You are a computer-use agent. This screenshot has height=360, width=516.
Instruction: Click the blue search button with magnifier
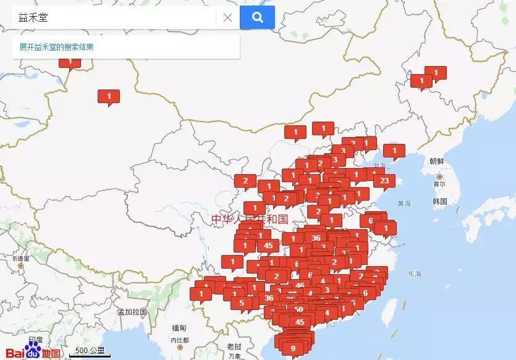[x=257, y=17]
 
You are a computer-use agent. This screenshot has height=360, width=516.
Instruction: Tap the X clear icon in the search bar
[x=227, y=17]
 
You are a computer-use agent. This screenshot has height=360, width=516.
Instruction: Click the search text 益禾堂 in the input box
[x=34, y=17]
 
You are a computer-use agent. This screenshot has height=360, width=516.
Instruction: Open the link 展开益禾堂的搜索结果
[x=56, y=47]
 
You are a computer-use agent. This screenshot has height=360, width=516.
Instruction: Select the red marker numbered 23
[x=384, y=181]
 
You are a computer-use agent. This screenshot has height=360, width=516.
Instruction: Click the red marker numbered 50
[x=299, y=309]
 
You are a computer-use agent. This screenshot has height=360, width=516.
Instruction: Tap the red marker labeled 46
[x=300, y=285]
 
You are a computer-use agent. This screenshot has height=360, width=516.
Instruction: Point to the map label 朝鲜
[x=437, y=161]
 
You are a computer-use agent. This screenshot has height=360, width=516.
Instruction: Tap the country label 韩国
[x=440, y=202]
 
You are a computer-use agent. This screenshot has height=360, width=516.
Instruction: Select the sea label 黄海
[x=405, y=203]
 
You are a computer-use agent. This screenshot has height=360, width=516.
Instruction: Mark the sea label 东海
[x=414, y=274]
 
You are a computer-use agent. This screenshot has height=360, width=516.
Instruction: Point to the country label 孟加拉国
[x=132, y=312]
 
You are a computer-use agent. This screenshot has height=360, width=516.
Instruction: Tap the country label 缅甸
[x=179, y=327]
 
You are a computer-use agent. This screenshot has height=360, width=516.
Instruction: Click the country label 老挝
[x=234, y=346]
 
